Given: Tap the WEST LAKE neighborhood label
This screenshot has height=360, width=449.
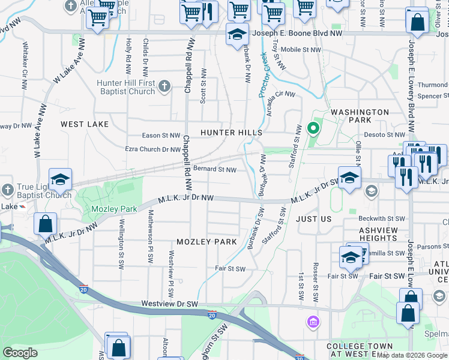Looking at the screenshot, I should (85, 124).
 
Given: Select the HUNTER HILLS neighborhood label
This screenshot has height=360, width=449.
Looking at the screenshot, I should (231, 132).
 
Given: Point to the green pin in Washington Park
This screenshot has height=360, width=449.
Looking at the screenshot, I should (312, 128).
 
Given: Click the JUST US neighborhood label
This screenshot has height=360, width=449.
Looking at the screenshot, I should (314, 219).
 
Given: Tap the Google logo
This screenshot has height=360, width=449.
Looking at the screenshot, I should (20, 353).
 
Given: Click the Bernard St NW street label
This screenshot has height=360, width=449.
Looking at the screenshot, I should (214, 170).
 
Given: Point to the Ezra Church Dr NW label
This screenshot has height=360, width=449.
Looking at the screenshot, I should (152, 149).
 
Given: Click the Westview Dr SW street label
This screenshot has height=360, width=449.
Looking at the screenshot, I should (170, 304).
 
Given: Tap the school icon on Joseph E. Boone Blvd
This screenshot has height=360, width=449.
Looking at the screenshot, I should (237, 34).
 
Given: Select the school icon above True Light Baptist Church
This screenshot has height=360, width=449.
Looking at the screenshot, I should (60, 179).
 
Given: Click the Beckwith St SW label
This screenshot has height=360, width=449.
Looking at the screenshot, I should (382, 218).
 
